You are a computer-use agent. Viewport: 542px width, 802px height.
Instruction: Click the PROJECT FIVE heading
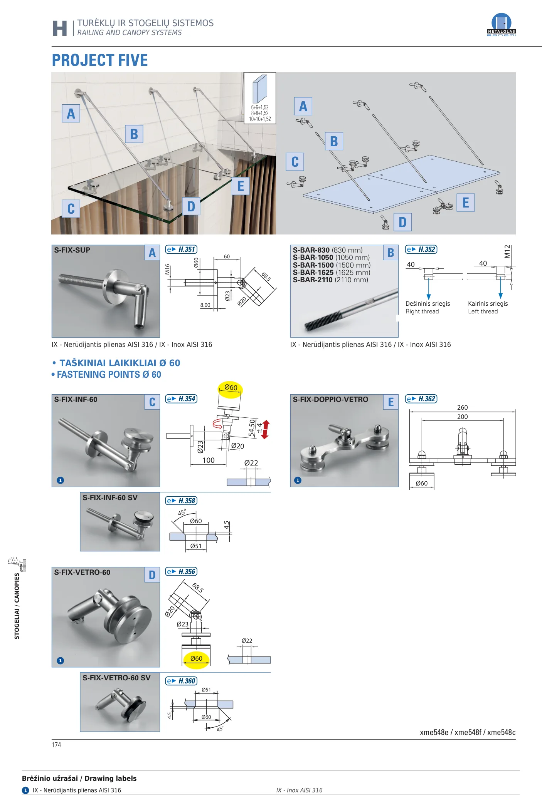click(x=100, y=60)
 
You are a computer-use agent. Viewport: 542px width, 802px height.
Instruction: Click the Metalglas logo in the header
click(x=501, y=25)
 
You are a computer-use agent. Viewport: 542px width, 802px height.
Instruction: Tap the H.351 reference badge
click(x=181, y=249)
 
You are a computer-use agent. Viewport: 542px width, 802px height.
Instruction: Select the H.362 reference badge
click(x=421, y=399)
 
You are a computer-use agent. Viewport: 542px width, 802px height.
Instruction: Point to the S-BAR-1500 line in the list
click(x=332, y=265)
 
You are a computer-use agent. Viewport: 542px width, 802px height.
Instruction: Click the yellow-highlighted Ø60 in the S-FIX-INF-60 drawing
click(x=231, y=388)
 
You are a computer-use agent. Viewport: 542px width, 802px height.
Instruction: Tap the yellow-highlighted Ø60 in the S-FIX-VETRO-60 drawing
click(x=196, y=658)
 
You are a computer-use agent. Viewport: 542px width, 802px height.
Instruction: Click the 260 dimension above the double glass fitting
click(x=462, y=407)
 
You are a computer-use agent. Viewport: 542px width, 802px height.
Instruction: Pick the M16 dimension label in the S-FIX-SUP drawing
click(x=167, y=269)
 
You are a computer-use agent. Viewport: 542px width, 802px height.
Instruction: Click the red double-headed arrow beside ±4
click(x=265, y=430)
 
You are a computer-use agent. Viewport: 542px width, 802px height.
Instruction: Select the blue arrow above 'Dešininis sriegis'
click(x=429, y=286)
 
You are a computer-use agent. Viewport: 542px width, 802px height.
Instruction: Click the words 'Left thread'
click(x=483, y=311)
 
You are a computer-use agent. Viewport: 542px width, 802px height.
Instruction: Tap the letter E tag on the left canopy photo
click(x=241, y=186)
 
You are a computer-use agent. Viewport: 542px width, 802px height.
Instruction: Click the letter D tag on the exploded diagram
click(x=402, y=222)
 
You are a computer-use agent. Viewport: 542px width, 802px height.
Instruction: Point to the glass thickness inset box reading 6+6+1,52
click(x=260, y=98)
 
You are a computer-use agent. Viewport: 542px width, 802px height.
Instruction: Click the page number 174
click(x=56, y=745)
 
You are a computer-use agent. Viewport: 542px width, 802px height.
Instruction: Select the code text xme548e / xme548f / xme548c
click(x=468, y=732)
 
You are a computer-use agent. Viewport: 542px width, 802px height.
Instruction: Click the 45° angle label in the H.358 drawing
click(x=182, y=512)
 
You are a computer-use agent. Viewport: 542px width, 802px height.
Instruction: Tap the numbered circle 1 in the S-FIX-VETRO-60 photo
click(x=60, y=661)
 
